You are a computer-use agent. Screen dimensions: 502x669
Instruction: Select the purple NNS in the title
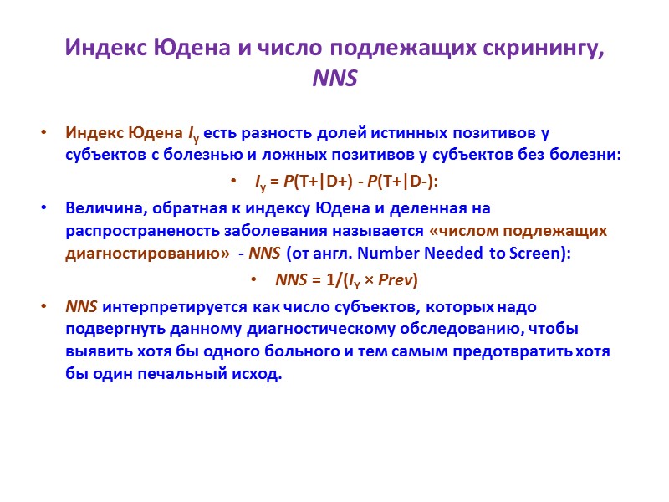click(334, 79)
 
